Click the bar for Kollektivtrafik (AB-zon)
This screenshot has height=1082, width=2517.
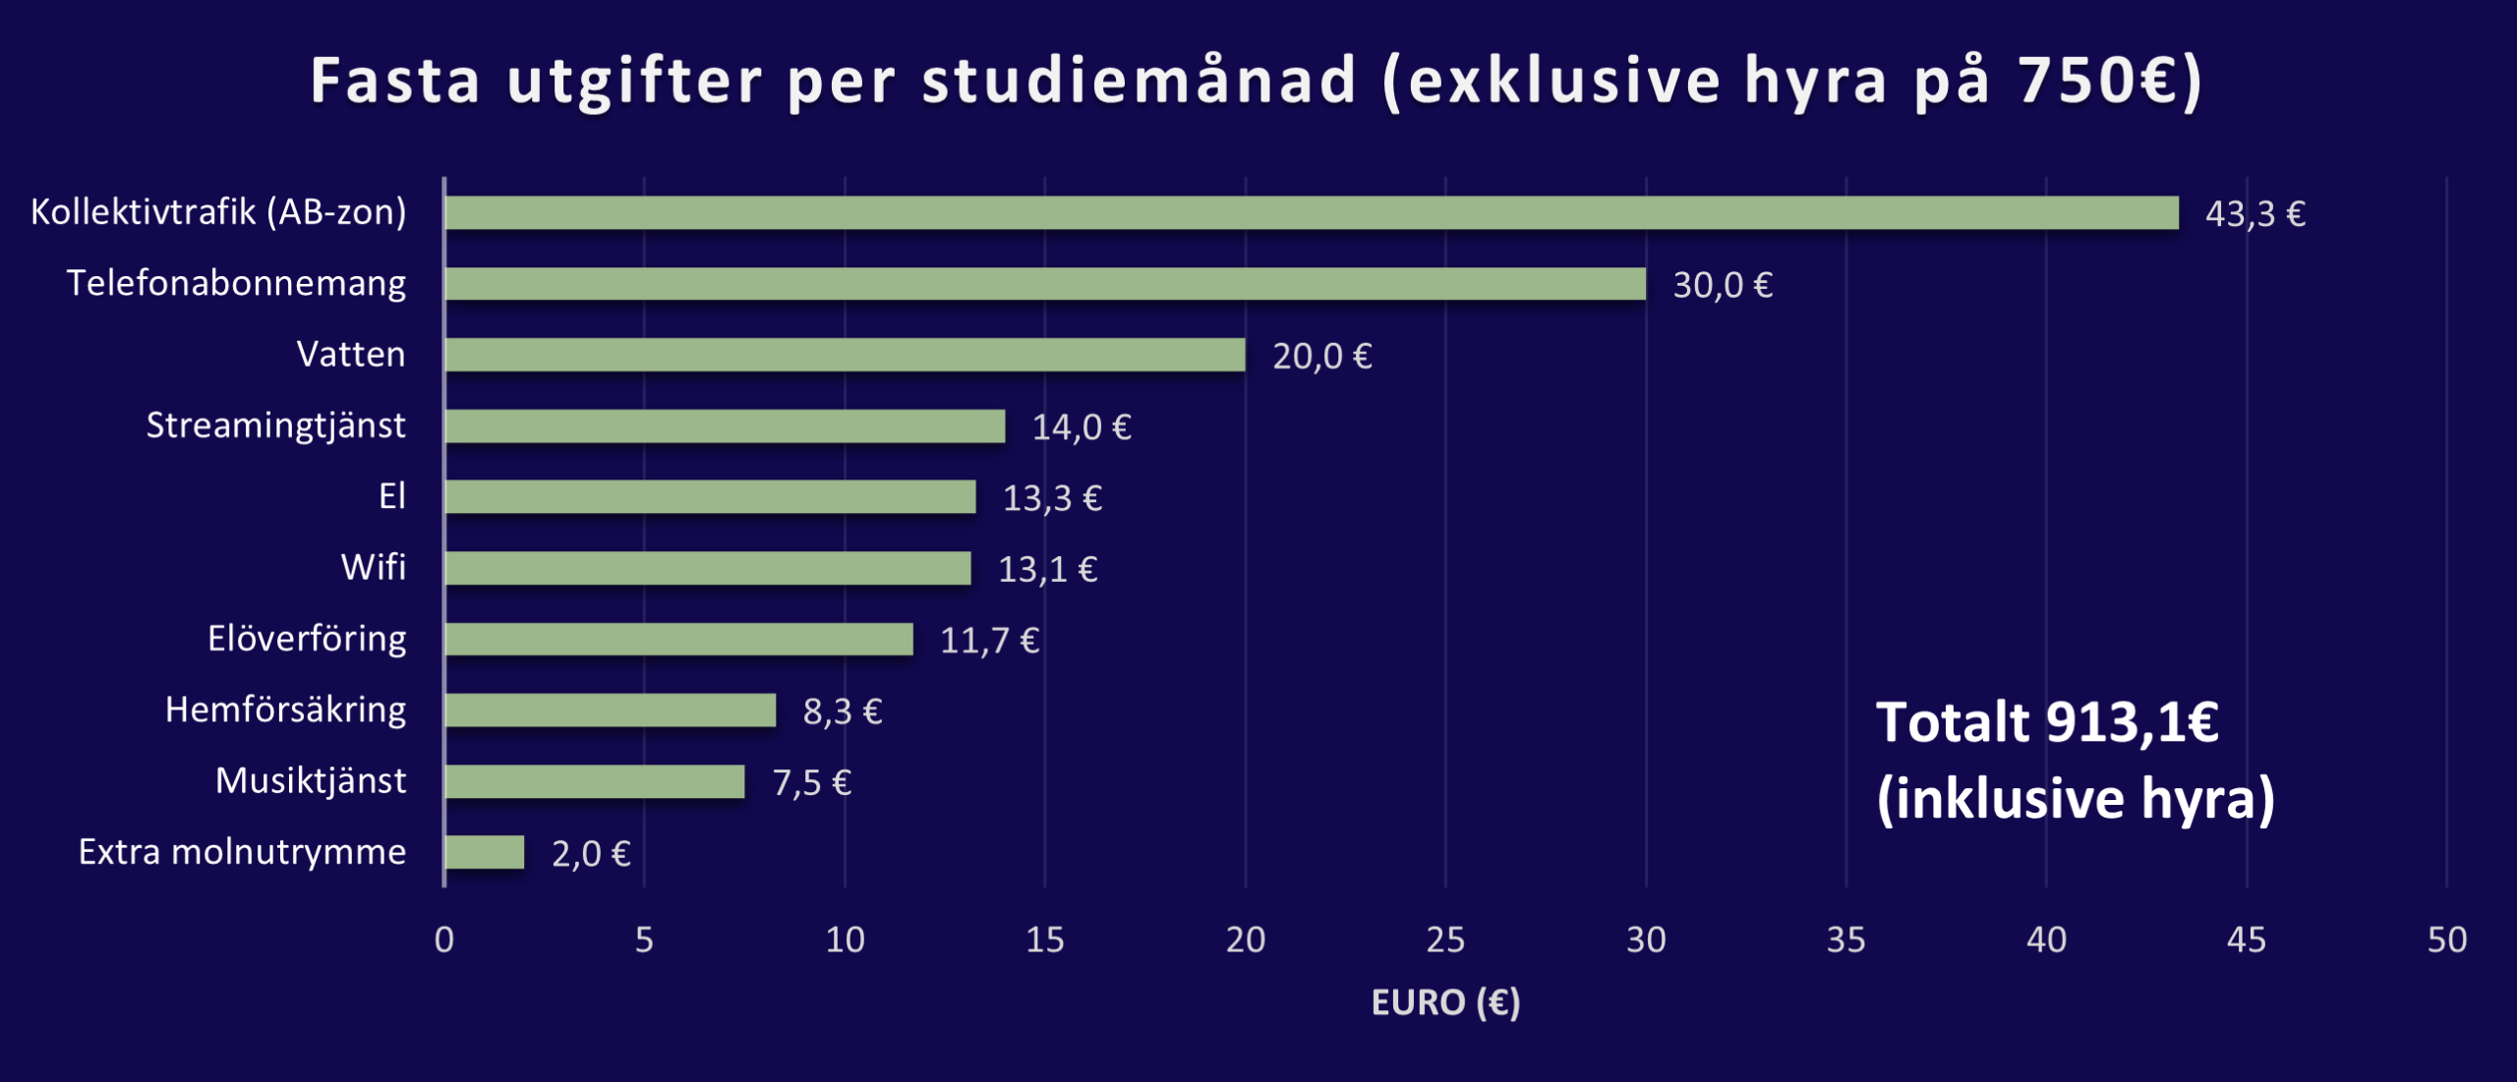1311,213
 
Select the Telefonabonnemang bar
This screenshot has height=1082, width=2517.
1044,284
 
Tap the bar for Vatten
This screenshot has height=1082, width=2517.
845,355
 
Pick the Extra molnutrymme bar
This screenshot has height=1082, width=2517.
485,852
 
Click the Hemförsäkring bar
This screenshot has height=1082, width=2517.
610,711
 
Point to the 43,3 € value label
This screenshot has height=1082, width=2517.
2254,214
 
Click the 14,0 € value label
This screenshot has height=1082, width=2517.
1081,427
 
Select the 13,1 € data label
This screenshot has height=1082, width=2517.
1047,570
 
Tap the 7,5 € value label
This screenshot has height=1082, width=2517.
811,783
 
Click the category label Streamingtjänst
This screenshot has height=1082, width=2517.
275,426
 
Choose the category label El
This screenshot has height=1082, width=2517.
391,496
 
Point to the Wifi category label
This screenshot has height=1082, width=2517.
373,567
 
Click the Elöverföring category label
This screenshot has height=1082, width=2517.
307,639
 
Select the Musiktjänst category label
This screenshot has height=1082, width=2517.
310,780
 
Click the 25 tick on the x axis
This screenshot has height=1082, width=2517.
1445,940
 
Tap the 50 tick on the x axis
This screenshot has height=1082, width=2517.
2446,940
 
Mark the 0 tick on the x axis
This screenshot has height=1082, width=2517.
444,940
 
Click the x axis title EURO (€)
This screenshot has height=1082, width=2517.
1445,1002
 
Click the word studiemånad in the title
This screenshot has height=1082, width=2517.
1139,81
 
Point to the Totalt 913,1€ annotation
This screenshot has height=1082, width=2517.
2047,722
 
